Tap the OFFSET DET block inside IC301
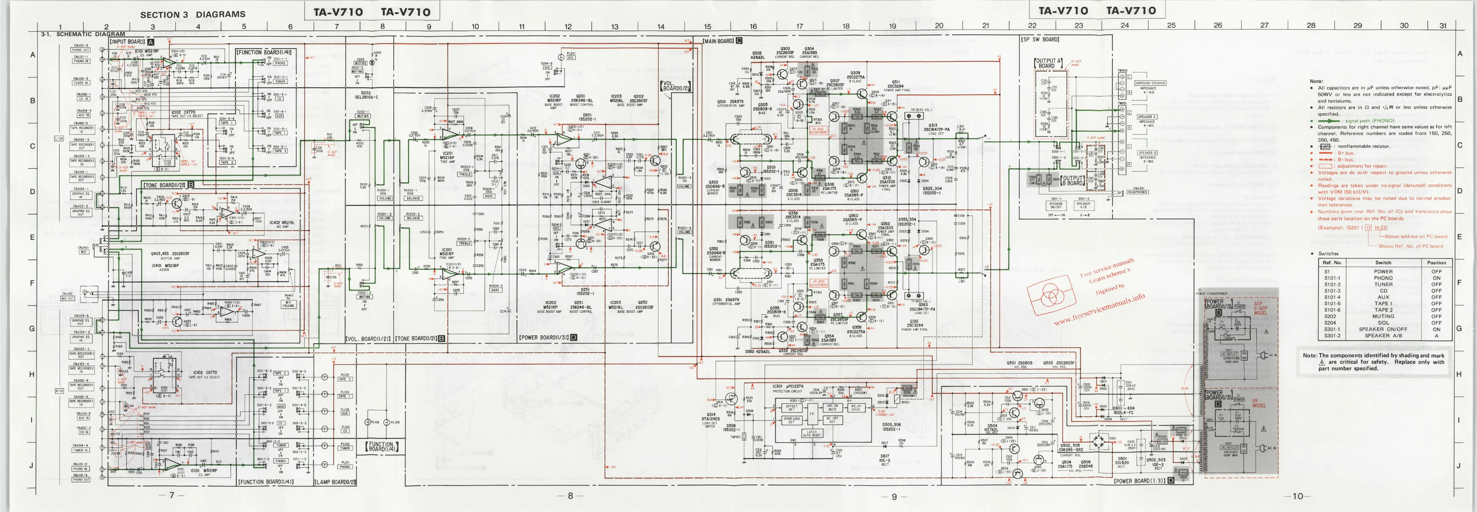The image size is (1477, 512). coord(791,408)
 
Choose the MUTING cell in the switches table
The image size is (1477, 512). coord(1383,316)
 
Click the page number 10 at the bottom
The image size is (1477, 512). coord(1297,496)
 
